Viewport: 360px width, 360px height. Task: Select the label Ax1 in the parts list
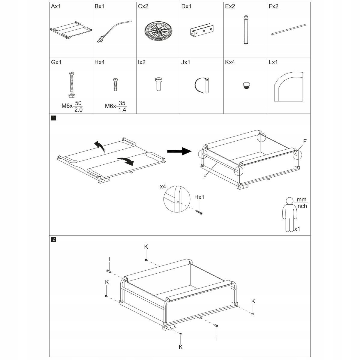pyautogui.click(x=56, y=6)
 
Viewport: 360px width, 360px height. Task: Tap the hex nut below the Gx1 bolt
pyautogui.click(x=72, y=95)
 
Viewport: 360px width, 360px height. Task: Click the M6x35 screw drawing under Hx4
pyautogui.click(x=115, y=85)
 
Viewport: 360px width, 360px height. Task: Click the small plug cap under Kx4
pyautogui.click(x=246, y=85)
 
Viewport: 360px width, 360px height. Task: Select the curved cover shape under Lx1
pyautogui.click(x=288, y=86)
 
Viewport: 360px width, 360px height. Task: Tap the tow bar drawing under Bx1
pyautogui.click(x=114, y=31)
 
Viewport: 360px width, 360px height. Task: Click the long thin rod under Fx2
pyautogui.click(x=288, y=29)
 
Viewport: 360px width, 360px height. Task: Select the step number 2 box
pyautogui.click(x=53, y=239)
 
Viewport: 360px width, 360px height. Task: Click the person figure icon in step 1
pyautogui.click(x=289, y=213)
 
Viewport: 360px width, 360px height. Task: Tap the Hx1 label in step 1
pyautogui.click(x=199, y=197)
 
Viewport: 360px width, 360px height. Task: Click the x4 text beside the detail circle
pyautogui.click(x=163, y=187)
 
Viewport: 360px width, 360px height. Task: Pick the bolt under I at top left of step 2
pyautogui.click(x=109, y=271)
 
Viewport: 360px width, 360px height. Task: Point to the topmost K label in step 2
pyautogui.click(x=146, y=247)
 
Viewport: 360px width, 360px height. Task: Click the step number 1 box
pyautogui.click(x=53, y=118)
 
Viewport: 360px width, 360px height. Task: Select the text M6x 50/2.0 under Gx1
pyautogui.click(x=72, y=106)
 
